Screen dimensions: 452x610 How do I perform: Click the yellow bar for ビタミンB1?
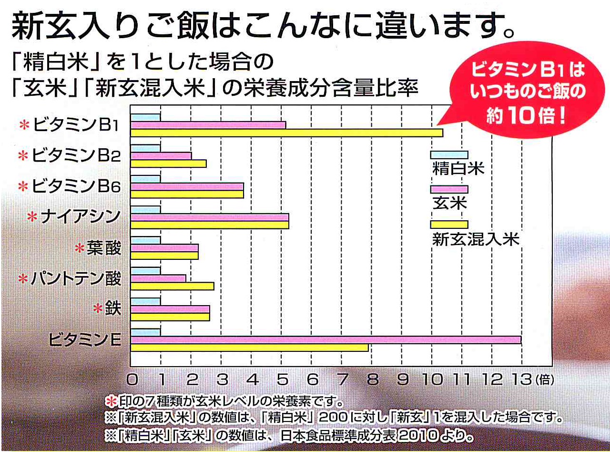[287, 133]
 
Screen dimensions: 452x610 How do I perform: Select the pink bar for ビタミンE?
[326, 339]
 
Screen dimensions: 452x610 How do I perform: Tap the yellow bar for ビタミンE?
[250, 348]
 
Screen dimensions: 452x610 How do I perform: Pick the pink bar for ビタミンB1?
[208, 125]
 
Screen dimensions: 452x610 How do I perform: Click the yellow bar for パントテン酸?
[173, 286]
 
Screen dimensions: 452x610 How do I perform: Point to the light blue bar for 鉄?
[146, 301]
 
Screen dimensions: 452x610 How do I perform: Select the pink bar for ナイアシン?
[210, 217]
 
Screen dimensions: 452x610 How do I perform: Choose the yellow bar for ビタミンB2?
[169, 164]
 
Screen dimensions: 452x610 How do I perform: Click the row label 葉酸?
[104, 248]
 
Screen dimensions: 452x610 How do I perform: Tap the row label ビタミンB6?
[76, 186]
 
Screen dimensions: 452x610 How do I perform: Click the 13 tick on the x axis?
[522, 380]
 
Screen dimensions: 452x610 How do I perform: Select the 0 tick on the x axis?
[132, 380]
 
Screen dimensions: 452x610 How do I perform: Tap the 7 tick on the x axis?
[342, 380]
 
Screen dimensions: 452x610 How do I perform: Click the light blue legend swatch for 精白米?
[449, 155]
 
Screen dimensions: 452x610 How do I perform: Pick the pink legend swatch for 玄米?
[449, 189]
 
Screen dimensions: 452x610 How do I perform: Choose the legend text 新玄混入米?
[475, 239]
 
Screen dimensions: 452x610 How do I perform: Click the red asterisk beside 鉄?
[98, 309]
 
